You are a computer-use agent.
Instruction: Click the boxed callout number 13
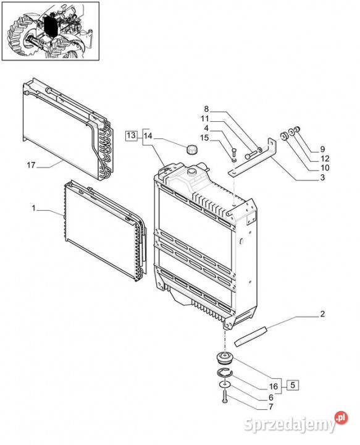point(131,135)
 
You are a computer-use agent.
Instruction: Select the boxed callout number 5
point(293,385)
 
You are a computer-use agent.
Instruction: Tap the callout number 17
point(31,165)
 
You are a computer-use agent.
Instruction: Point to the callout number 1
point(34,208)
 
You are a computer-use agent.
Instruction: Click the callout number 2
point(322,314)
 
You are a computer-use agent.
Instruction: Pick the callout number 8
point(206,109)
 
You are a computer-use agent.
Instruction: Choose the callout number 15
point(204,138)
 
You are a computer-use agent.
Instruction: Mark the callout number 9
point(322,150)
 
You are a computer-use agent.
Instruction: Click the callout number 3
point(322,177)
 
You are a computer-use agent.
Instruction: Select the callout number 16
point(274,386)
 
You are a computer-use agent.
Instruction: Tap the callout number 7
point(271,407)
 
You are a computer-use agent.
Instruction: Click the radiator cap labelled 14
point(192,150)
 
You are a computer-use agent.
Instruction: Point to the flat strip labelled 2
point(251,336)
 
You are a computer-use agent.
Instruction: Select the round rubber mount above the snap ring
point(225,358)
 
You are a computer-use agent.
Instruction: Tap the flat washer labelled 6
point(225,384)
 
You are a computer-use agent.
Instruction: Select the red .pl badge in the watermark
point(341,417)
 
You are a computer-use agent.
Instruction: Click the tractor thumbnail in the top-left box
point(51,32)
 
